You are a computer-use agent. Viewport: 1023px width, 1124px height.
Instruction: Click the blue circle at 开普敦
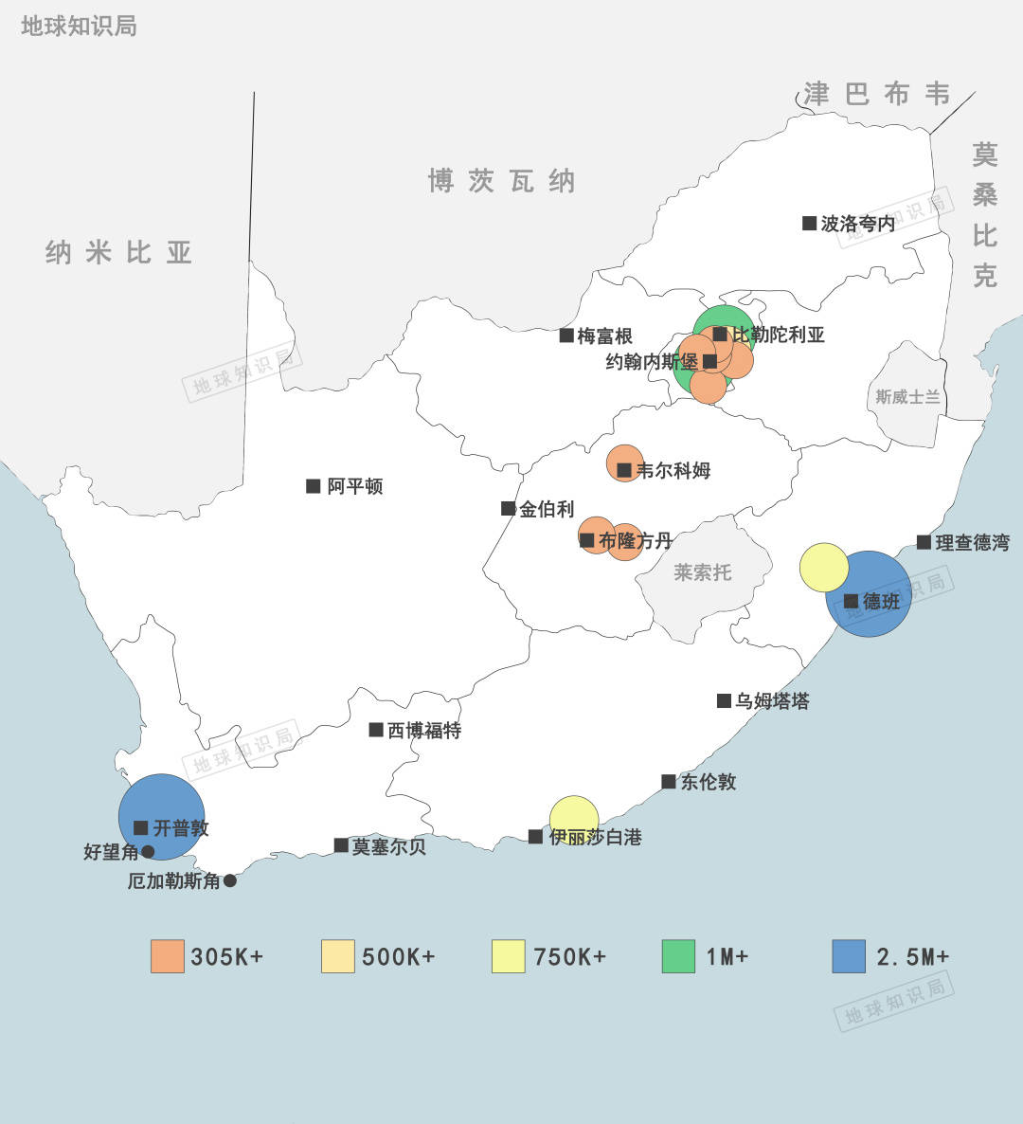tap(162, 817)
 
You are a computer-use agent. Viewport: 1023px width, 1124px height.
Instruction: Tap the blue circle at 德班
tap(869, 594)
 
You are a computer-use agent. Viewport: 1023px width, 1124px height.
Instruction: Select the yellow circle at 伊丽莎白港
tap(574, 819)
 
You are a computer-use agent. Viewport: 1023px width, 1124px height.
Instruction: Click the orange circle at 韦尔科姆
tap(624, 462)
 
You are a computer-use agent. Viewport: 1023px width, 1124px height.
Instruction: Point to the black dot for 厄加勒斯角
tap(229, 880)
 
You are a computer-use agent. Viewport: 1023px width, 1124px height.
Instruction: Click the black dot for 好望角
tap(148, 852)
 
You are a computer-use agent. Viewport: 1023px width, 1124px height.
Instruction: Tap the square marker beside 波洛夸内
tap(809, 224)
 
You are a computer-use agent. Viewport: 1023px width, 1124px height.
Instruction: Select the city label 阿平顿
tap(355, 486)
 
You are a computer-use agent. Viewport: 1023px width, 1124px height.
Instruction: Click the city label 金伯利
tap(547, 509)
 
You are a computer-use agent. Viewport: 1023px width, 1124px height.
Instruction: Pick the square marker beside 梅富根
tap(566, 335)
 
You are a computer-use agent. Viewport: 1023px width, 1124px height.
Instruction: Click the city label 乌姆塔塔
tap(772, 701)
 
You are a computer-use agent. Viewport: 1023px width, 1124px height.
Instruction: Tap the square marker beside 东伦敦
tap(669, 782)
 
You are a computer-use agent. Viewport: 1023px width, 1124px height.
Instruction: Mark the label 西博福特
tap(424, 731)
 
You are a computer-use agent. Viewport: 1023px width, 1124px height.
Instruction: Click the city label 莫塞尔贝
tap(388, 846)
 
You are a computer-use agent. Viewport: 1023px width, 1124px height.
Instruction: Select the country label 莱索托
tap(702, 572)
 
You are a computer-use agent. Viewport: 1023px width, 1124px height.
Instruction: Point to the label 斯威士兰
tap(907, 397)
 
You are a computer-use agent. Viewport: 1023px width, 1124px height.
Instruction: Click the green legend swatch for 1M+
tap(678, 956)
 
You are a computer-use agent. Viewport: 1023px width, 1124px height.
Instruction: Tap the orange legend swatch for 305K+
tap(168, 956)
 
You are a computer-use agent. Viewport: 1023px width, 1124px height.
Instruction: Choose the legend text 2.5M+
tap(912, 956)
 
